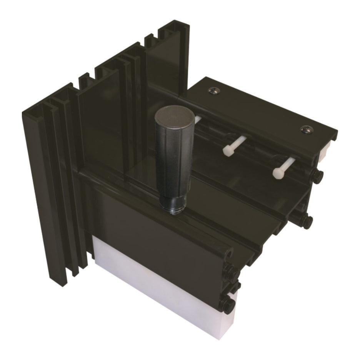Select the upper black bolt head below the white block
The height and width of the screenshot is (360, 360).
(318, 176)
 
